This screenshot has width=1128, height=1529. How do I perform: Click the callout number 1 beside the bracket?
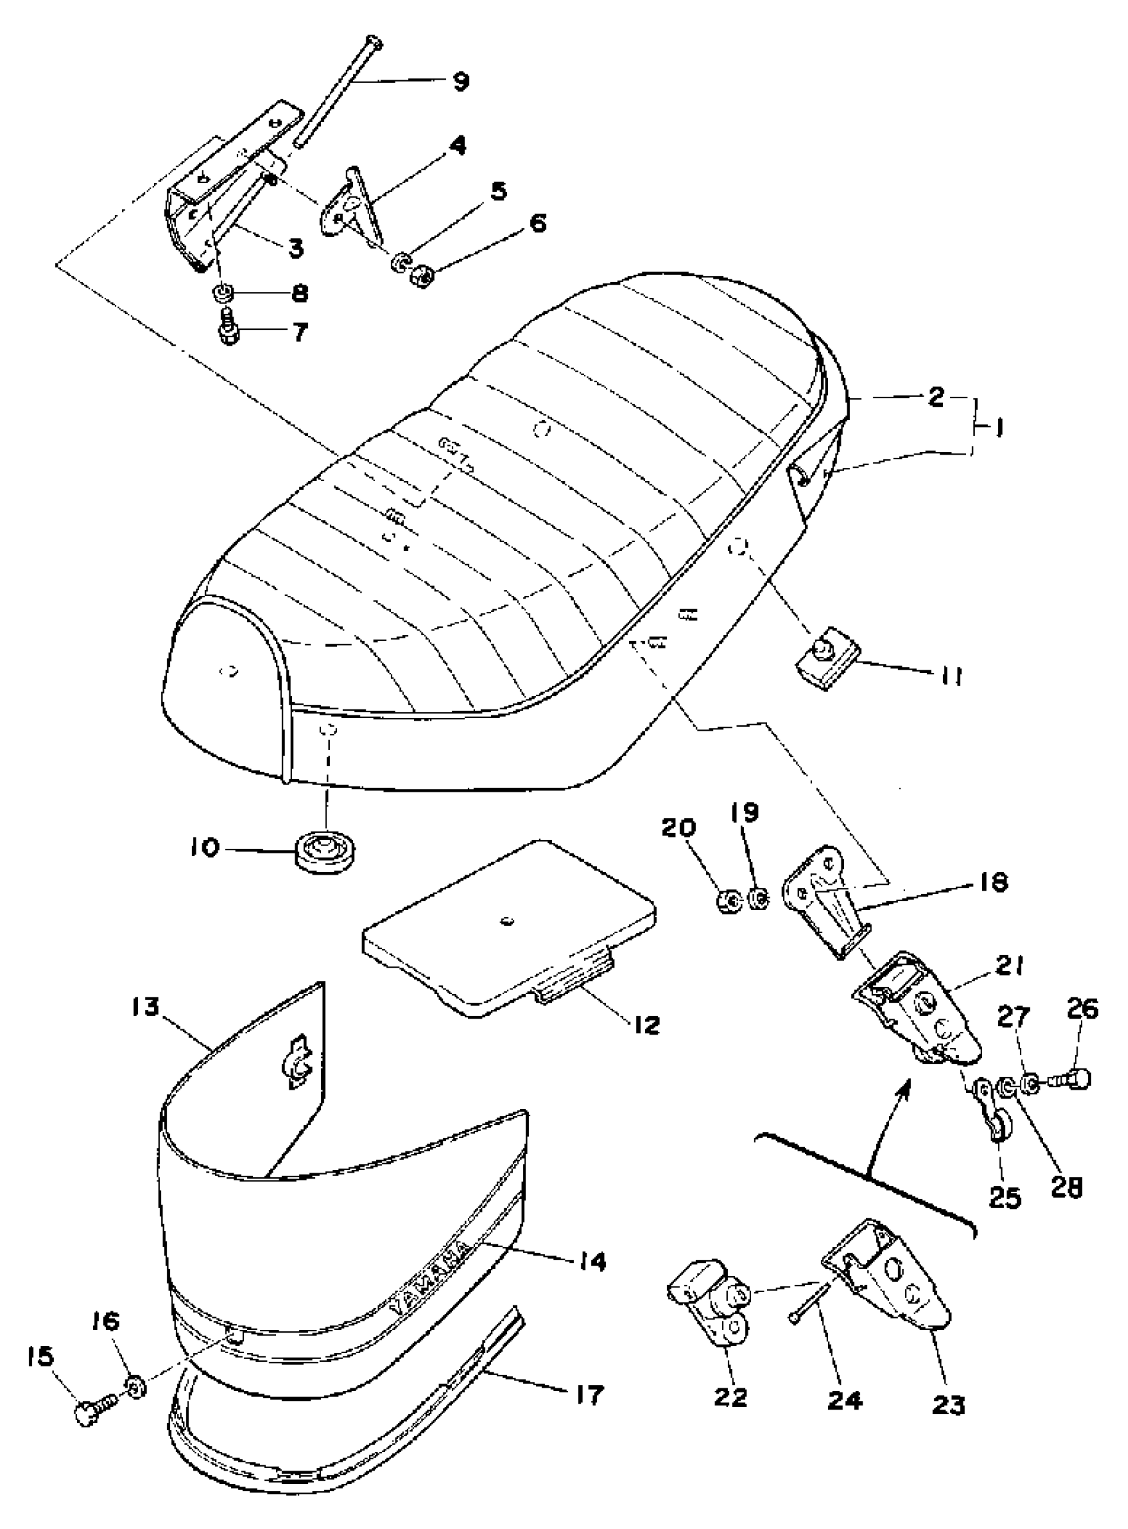tap(997, 430)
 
